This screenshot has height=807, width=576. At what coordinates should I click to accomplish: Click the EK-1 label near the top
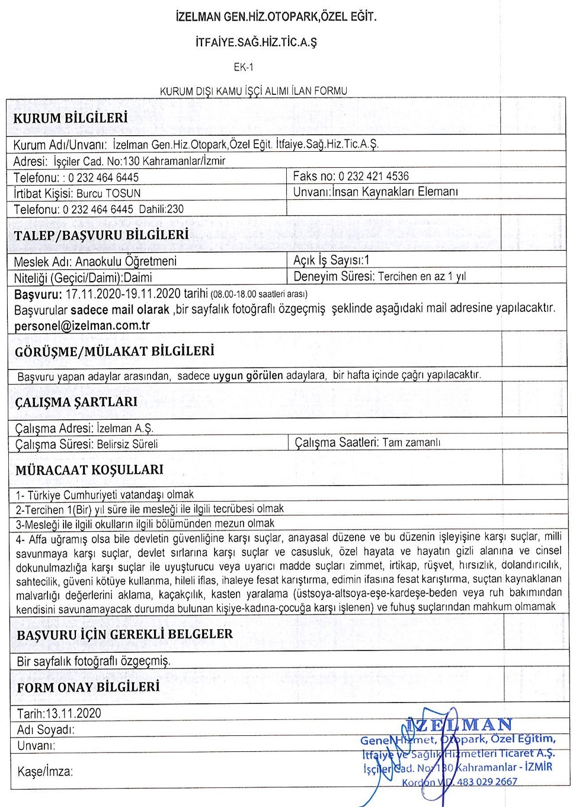click(243, 67)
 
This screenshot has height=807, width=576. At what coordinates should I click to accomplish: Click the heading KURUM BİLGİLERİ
click(71, 118)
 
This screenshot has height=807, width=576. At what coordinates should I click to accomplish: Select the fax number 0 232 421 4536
click(373, 176)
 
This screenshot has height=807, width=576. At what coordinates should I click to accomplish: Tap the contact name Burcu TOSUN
click(108, 193)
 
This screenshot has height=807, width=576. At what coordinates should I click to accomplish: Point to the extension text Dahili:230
click(161, 209)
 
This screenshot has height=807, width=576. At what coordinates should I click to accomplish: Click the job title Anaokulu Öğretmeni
click(126, 261)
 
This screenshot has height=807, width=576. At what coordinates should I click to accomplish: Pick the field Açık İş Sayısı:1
click(331, 260)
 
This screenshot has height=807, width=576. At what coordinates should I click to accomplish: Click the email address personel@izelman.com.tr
click(82, 326)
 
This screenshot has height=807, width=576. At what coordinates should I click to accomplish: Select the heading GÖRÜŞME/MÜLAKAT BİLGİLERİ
click(114, 351)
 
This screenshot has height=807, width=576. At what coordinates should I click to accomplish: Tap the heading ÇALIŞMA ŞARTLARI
click(76, 402)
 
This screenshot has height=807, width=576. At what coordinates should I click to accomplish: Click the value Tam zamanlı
click(411, 442)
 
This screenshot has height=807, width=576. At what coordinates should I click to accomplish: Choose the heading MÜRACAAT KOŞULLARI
click(89, 470)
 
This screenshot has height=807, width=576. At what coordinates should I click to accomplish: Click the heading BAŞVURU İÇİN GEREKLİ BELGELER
click(124, 634)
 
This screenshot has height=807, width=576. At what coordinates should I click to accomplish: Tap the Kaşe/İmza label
click(45, 771)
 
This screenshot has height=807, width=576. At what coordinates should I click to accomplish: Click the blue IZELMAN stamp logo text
click(459, 725)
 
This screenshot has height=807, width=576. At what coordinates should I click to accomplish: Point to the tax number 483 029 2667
click(487, 782)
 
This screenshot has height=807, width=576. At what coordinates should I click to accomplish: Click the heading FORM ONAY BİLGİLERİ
click(88, 687)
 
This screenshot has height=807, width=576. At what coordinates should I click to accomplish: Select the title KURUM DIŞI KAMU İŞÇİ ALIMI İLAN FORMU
click(254, 91)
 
